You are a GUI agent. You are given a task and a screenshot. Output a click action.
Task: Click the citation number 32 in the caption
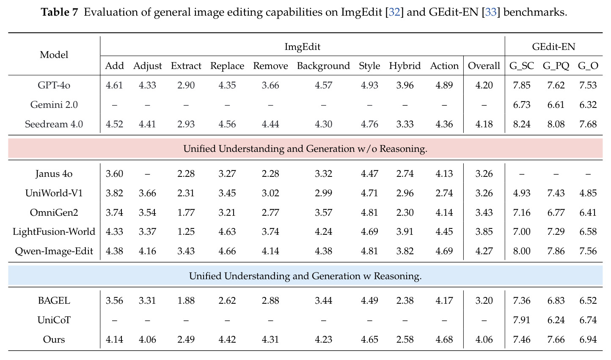(394, 12)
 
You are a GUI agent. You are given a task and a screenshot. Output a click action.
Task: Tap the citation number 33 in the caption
(491, 12)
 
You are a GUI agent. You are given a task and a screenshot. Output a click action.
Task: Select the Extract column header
(186, 66)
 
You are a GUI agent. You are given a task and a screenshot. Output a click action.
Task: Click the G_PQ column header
(556, 66)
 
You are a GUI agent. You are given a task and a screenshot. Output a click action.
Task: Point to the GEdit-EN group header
(553, 47)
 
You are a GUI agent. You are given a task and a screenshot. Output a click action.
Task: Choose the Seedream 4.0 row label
(54, 124)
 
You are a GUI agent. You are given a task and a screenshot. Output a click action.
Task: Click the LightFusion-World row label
(54, 231)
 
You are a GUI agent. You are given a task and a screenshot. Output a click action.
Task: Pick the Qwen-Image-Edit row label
(54, 251)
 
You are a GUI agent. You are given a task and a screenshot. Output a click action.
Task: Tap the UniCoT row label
(54, 320)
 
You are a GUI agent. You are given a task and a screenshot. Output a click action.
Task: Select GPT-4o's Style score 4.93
(369, 85)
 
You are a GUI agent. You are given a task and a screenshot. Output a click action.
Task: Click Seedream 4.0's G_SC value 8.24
(522, 124)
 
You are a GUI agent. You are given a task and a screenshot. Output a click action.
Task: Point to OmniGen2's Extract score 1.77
(186, 212)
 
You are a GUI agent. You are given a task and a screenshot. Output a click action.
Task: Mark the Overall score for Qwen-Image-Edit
(484, 251)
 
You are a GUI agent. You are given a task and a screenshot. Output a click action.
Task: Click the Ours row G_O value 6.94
(588, 339)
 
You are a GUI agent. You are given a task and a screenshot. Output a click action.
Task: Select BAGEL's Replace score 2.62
(227, 300)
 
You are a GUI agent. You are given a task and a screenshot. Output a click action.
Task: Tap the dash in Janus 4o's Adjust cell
(148, 174)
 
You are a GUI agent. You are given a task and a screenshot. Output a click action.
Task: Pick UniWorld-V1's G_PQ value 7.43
(556, 193)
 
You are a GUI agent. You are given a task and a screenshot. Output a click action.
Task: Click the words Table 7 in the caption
(60, 12)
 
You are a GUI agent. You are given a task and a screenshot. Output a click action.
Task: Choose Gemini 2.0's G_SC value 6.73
(522, 104)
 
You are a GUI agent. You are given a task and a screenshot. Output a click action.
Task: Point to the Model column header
(54, 55)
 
